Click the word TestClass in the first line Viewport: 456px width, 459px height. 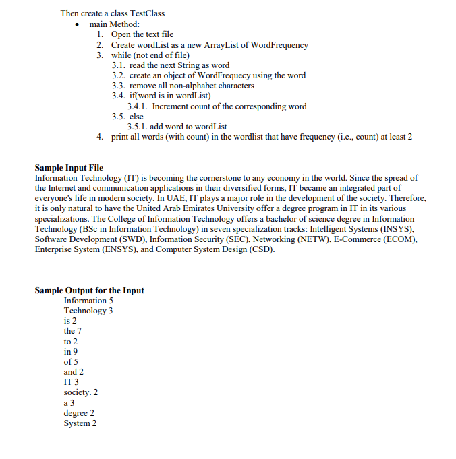pyautogui.click(x=144, y=13)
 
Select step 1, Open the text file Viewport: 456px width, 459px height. pyautogui.click(x=142, y=34)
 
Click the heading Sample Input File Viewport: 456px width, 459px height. pyautogui.click(x=69, y=167)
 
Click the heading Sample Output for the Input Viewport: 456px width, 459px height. pyautogui.click(x=89, y=290)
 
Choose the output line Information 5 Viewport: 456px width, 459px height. pyautogui.click(x=88, y=301)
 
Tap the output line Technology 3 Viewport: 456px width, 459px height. pyautogui.click(x=88, y=311)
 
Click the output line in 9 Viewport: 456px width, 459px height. pyautogui.click(x=71, y=351)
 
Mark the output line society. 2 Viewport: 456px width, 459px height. pyautogui.click(x=81, y=392)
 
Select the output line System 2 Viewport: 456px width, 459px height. pyautogui.click(x=80, y=423)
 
